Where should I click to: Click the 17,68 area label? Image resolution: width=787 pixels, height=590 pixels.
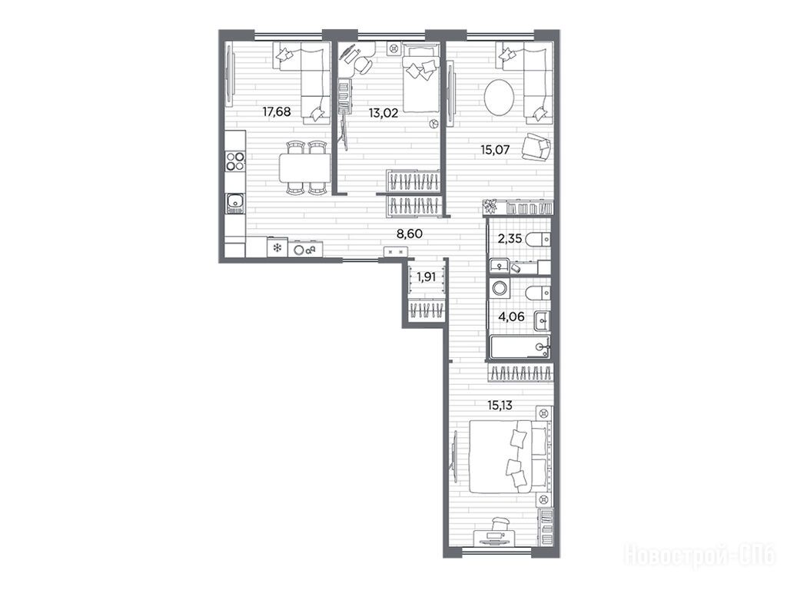click(x=277, y=111)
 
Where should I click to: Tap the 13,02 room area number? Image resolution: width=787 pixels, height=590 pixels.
click(x=384, y=113)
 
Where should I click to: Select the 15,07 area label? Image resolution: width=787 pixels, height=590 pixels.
click(x=496, y=150)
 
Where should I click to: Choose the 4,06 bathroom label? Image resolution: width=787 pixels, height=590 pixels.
click(x=510, y=317)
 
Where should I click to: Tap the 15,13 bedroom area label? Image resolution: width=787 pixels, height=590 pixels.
click(x=500, y=406)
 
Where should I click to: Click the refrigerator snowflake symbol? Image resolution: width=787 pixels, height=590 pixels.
click(x=276, y=247)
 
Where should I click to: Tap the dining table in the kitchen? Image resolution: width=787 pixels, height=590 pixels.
click(x=304, y=168)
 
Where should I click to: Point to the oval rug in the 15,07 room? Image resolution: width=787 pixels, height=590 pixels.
click(x=498, y=99)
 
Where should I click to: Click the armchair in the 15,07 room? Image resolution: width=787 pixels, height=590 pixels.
click(x=536, y=147)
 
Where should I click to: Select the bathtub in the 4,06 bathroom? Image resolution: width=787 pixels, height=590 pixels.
click(x=520, y=347)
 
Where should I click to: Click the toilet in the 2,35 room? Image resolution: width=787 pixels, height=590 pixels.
click(x=537, y=240)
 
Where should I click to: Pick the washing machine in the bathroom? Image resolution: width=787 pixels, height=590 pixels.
click(x=500, y=288)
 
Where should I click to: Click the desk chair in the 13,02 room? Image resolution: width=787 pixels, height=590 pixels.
click(x=361, y=64)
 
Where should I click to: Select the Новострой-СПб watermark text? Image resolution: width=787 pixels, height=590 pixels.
click(x=699, y=556)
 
